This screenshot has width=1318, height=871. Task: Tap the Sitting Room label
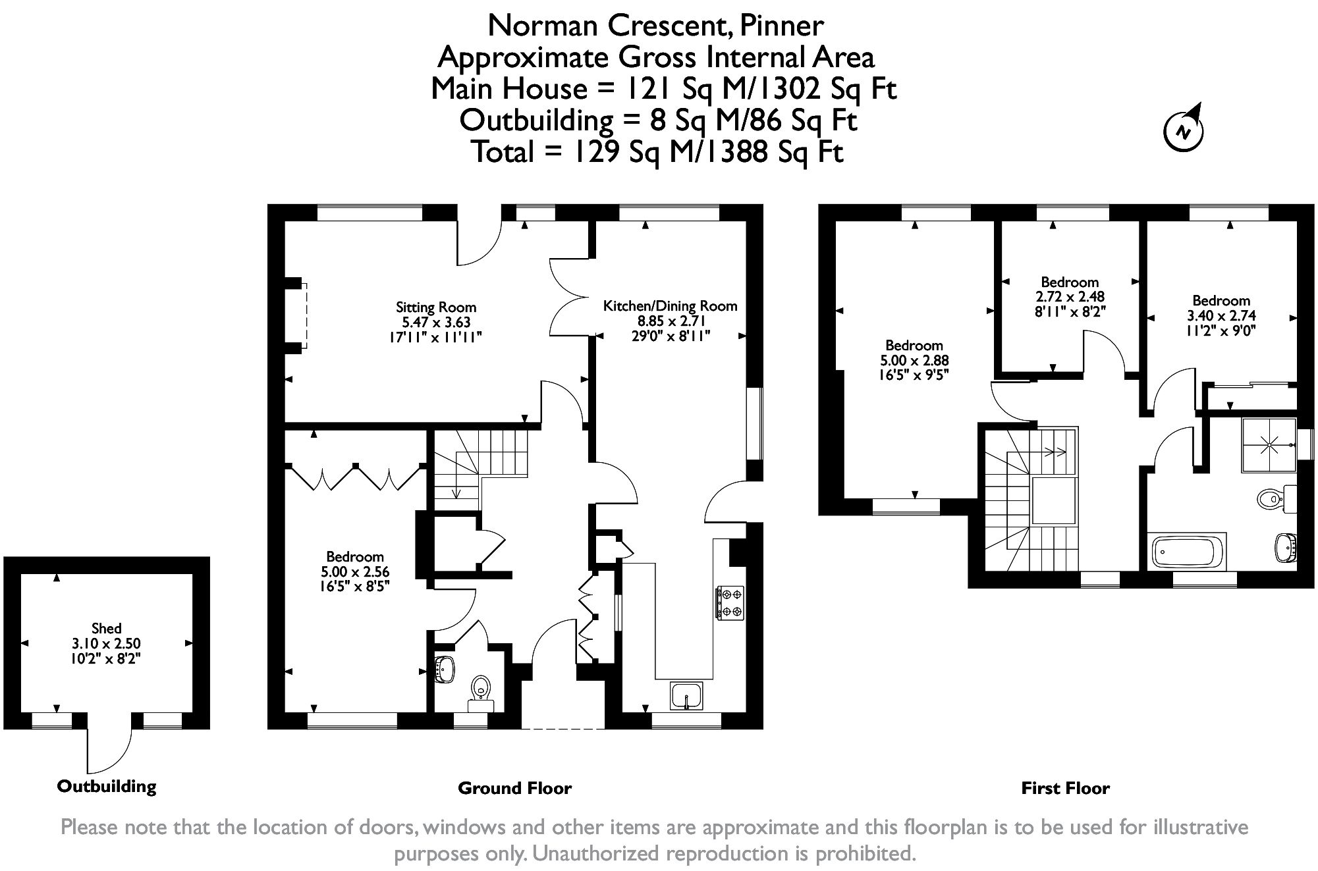436,307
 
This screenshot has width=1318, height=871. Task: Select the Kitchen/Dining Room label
670,306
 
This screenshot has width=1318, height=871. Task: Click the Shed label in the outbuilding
107,628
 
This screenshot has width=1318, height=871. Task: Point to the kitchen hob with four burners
730,603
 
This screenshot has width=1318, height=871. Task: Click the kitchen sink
687,696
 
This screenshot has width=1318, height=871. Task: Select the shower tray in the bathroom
1269,445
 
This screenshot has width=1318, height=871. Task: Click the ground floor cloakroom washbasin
445,670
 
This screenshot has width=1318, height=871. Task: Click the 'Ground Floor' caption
514,788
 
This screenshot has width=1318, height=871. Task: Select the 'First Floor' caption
1065,788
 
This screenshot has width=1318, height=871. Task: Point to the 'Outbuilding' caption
107,786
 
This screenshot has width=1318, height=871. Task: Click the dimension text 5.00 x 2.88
914,361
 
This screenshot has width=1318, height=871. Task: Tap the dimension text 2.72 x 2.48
1070,297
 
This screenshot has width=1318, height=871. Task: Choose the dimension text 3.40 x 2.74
1221,316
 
